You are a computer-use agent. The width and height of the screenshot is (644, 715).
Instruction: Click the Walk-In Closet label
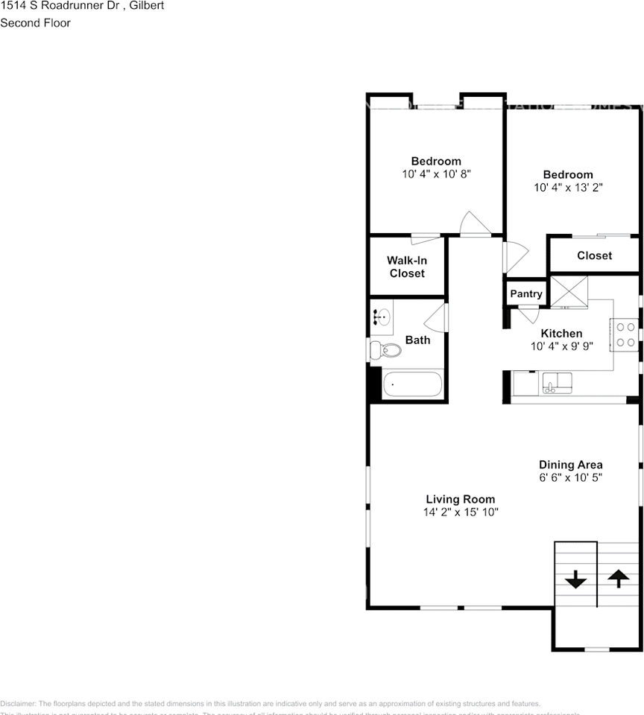tap(406, 267)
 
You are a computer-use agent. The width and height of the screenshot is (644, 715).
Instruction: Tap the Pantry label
tap(526, 293)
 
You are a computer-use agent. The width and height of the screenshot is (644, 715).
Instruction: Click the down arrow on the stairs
tap(576, 579)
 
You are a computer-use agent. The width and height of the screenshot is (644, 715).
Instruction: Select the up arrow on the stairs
tap(618, 578)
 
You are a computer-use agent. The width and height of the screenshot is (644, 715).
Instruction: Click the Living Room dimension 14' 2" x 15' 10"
tap(461, 512)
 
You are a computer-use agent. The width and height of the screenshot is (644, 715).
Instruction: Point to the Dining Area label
tap(571, 465)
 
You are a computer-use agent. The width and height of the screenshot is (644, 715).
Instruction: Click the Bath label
tap(417, 340)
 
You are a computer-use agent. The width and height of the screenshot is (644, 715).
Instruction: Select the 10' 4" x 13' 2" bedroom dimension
tap(568, 188)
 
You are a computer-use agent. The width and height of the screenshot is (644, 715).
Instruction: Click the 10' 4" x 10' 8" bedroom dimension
tap(436, 174)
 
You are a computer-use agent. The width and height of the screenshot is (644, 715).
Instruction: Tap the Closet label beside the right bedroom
tap(594, 255)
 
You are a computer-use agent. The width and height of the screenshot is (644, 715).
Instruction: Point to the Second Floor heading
tap(35, 23)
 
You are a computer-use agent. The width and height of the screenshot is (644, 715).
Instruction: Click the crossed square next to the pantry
tap(568, 291)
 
